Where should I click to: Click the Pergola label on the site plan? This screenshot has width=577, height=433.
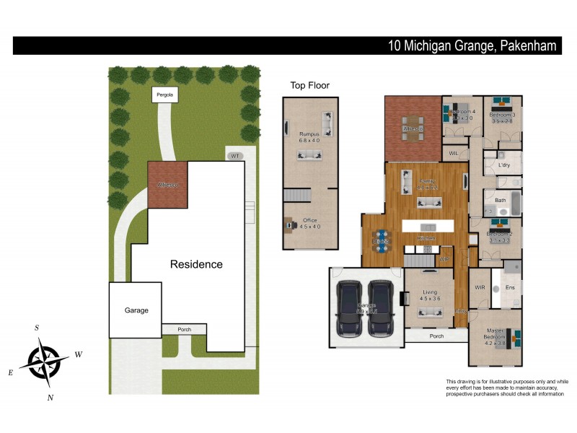click(166, 95)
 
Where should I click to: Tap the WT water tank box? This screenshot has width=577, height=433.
click(234, 156)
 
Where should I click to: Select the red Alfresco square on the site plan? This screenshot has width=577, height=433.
click(168, 185)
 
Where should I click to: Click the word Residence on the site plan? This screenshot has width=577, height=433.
click(196, 264)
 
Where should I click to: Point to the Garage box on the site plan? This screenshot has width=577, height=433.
click(136, 310)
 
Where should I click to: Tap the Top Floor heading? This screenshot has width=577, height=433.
click(309, 85)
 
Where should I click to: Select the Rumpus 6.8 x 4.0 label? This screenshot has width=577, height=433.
click(309, 137)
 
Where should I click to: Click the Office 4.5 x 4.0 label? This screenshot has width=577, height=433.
click(309, 224)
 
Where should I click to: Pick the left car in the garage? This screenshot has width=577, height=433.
click(349, 307)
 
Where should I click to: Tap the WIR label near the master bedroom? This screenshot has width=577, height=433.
click(480, 287)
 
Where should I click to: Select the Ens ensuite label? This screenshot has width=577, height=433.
click(509, 287)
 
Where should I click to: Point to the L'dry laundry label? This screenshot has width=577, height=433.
click(504, 165)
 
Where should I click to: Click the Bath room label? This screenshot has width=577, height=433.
click(500, 200)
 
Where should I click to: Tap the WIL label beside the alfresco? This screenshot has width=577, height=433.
click(454, 154)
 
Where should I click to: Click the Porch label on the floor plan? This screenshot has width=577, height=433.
click(436, 336)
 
